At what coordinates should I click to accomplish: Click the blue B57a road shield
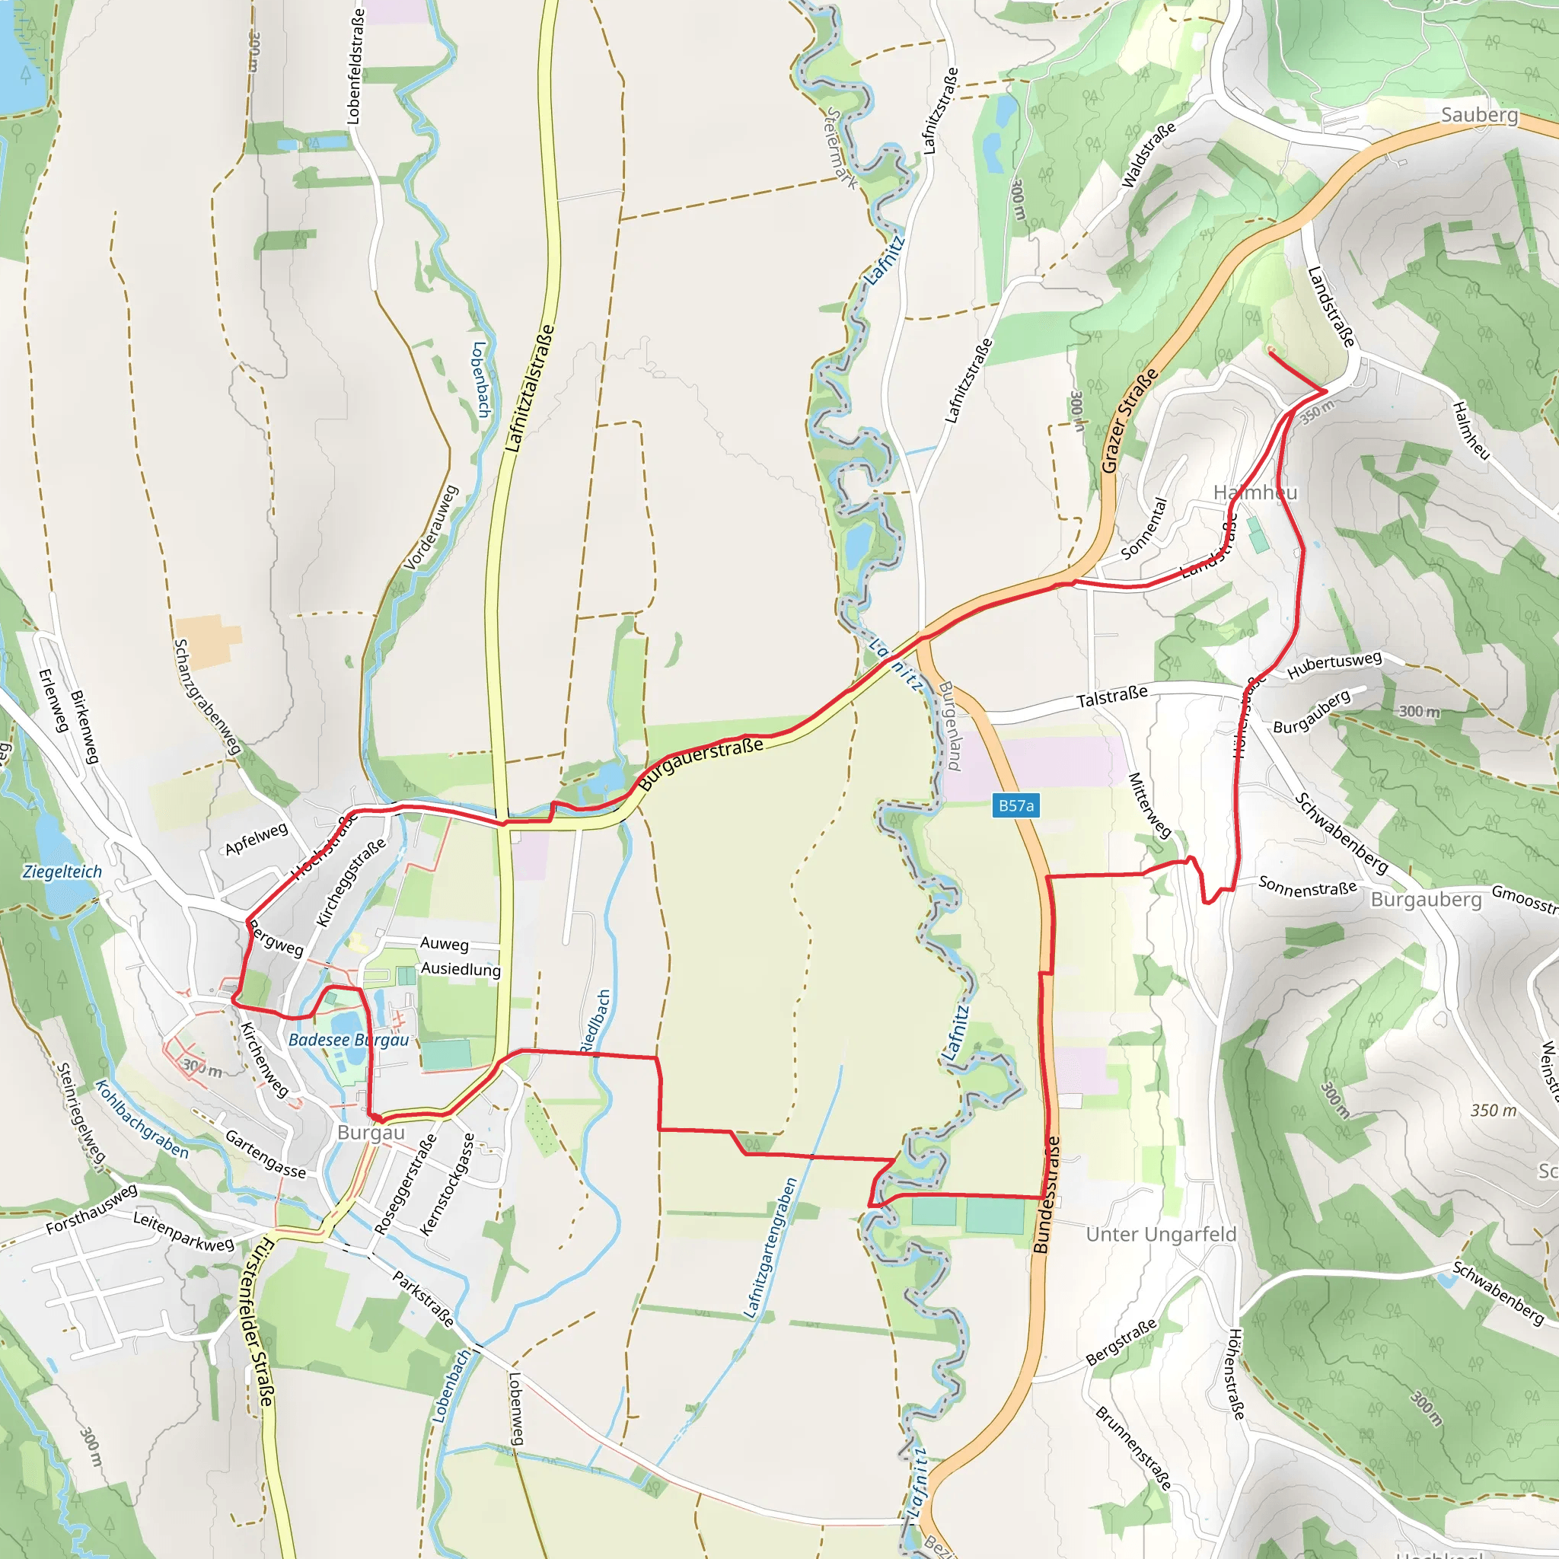point(1015,805)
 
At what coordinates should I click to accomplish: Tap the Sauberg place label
point(1479,116)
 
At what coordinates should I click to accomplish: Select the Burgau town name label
point(371,1133)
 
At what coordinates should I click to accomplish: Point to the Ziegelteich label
point(62,872)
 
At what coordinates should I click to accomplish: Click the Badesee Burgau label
point(349,1040)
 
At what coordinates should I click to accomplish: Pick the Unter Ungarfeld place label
point(1160,1235)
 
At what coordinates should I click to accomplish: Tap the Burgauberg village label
point(1426,900)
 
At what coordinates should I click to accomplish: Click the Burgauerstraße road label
point(700,764)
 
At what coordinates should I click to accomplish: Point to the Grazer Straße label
point(1130,420)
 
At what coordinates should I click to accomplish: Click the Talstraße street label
point(1112,697)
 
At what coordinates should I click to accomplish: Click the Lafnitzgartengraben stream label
point(770,1248)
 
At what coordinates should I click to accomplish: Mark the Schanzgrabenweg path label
point(207,697)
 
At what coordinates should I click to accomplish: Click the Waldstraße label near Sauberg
point(1148,156)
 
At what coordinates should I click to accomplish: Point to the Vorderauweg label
point(431,528)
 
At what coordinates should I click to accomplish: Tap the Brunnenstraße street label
point(1132,1448)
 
